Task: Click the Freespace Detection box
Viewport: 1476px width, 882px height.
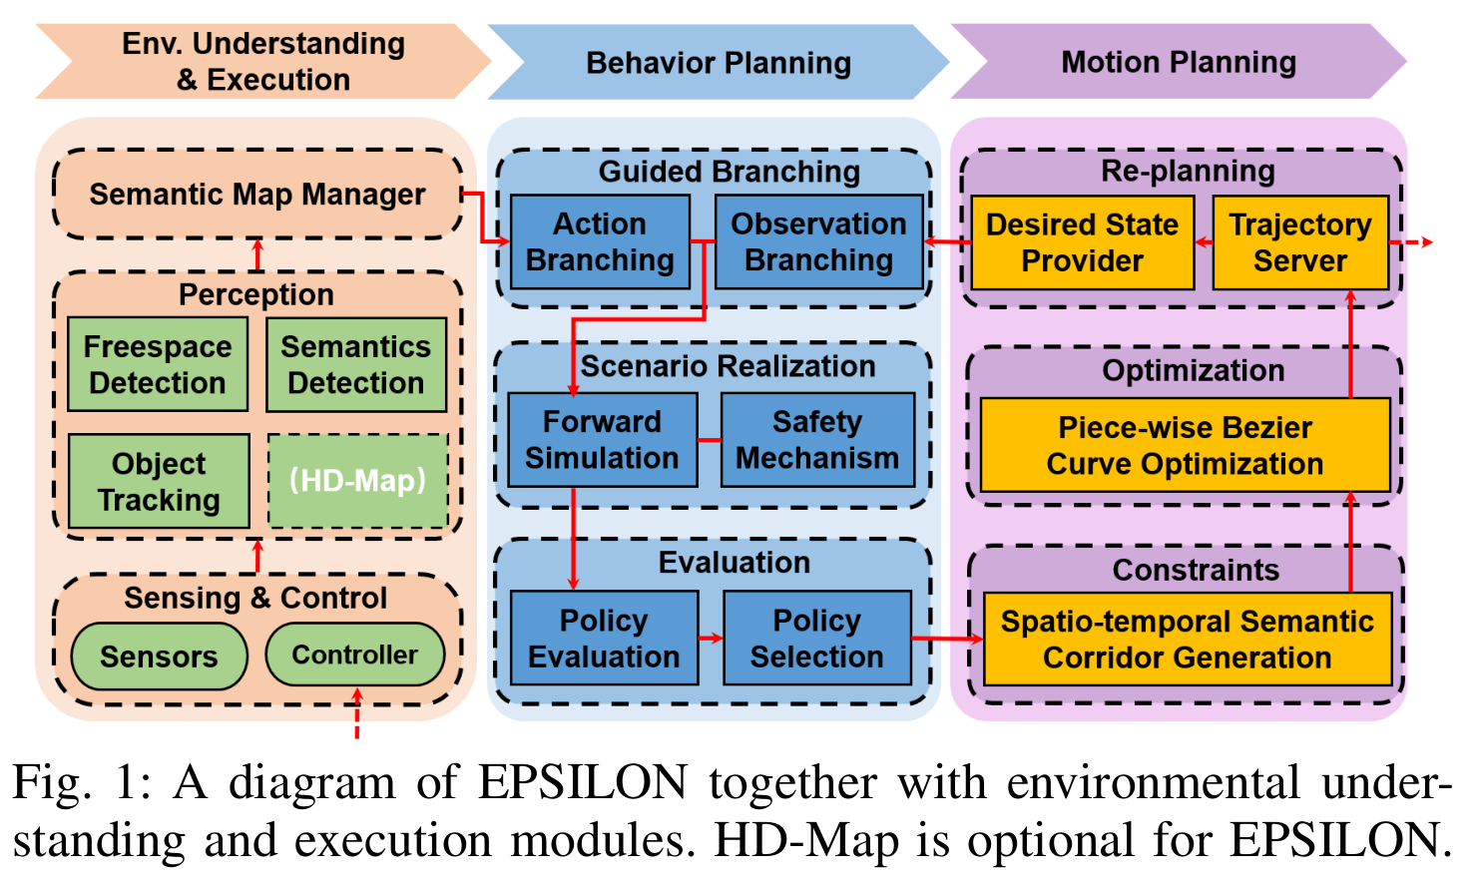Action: coord(158,364)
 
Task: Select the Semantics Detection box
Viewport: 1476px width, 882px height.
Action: coord(356,364)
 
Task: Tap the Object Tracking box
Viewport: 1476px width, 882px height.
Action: coord(159,481)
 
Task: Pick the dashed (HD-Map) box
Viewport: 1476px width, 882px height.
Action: coord(358,481)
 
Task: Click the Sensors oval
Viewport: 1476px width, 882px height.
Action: coord(159,657)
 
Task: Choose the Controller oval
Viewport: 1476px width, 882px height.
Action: coord(355,655)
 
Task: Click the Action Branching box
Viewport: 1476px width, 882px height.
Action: coord(601,241)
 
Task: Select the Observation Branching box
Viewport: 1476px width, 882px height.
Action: coord(819,241)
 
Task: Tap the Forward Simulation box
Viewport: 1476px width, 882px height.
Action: coord(602,440)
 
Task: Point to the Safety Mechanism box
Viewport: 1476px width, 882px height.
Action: coord(817,440)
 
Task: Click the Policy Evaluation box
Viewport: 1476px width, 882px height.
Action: coord(604,638)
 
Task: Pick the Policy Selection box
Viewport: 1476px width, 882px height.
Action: coord(817,638)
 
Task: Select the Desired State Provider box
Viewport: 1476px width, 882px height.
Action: coord(1083,242)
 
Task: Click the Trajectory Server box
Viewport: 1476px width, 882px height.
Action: coord(1300,242)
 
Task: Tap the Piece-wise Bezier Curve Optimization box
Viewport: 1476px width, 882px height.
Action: coord(1186,445)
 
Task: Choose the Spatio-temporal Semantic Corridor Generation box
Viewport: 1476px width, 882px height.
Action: coord(1188,639)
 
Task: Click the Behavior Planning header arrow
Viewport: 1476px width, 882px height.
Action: coord(719,62)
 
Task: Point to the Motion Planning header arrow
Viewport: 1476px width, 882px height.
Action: coord(1179,61)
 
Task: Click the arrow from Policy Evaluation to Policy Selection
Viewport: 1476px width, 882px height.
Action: coord(711,638)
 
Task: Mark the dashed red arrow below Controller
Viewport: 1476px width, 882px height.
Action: coord(357,713)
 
